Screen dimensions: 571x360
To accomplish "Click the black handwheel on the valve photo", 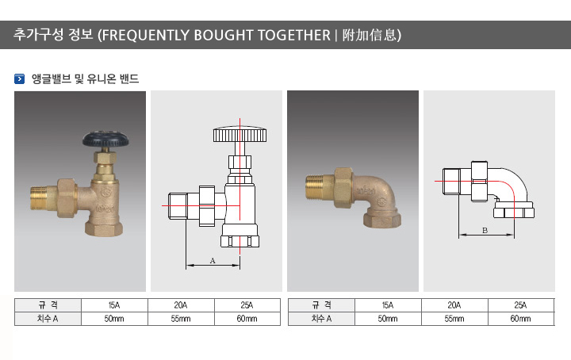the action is pos(105,140).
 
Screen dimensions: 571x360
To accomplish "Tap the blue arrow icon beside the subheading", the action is pos(19,79).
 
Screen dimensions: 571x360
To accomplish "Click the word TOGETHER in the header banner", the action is pos(294,36).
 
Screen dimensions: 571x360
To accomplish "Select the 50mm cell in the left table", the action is pos(114,319).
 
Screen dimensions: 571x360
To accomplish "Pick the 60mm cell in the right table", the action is pos(520,319).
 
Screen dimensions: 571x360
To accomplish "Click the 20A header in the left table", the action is pos(181,305).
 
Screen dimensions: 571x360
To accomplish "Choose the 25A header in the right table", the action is pos(520,305).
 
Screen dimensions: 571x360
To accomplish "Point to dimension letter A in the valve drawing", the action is pos(213,261).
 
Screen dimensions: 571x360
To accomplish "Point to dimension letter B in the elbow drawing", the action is pos(485,231).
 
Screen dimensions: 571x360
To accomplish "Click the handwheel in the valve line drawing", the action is pos(240,134).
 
